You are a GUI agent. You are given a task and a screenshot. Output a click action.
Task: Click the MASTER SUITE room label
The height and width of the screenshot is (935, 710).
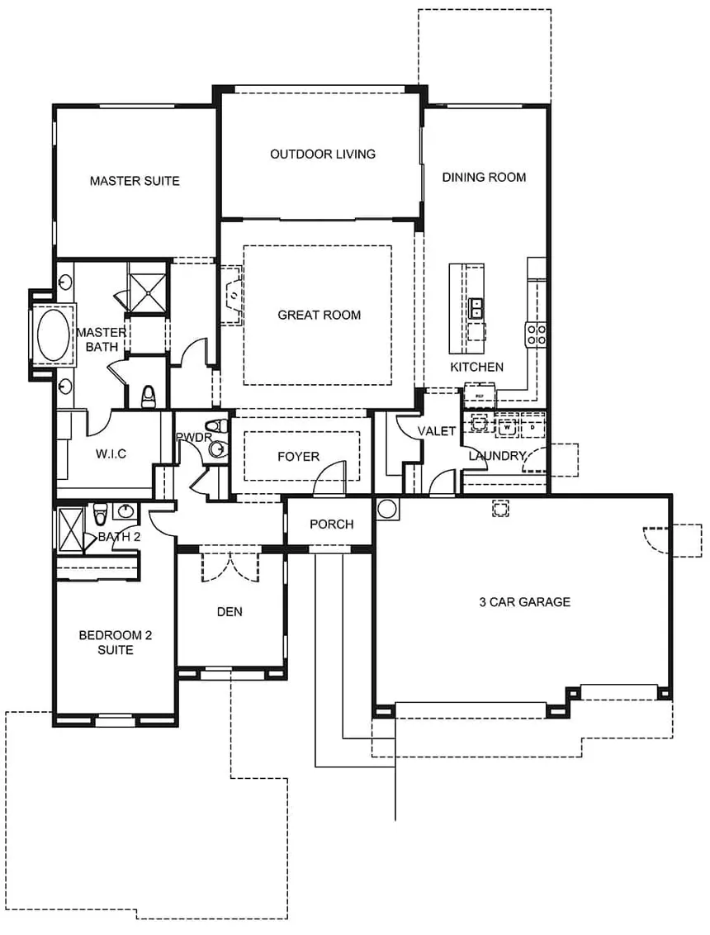click(x=135, y=181)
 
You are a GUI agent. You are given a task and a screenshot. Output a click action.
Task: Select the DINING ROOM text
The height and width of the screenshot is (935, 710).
click(x=484, y=177)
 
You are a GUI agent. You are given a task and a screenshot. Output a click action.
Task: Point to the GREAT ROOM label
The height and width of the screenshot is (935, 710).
click(x=319, y=315)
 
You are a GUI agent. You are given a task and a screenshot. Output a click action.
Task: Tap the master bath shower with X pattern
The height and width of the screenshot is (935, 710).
click(x=147, y=287)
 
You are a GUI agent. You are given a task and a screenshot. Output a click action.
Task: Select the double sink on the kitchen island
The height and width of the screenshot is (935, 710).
click(x=476, y=309)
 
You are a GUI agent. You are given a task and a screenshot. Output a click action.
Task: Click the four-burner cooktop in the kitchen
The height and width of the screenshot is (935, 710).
click(x=536, y=334)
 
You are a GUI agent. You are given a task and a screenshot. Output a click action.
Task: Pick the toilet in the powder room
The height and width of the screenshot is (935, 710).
click(x=217, y=449)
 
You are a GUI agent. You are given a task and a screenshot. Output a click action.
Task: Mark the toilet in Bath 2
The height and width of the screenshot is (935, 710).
click(x=100, y=514)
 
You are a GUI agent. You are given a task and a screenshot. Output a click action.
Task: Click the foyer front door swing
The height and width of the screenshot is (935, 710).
click(x=332, y=478)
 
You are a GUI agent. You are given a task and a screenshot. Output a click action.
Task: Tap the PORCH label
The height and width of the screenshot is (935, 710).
click(x=331, y=524)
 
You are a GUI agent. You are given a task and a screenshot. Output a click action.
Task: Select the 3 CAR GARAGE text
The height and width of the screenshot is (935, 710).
click(x=524, y=602)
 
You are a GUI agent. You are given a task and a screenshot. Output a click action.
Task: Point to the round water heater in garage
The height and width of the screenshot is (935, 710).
click(x=387, y=508)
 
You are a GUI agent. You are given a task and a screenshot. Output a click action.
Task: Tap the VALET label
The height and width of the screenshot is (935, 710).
click(x=437, y=431)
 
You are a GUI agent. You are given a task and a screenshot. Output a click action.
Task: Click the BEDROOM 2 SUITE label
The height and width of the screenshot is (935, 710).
click(x=116, y=643)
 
